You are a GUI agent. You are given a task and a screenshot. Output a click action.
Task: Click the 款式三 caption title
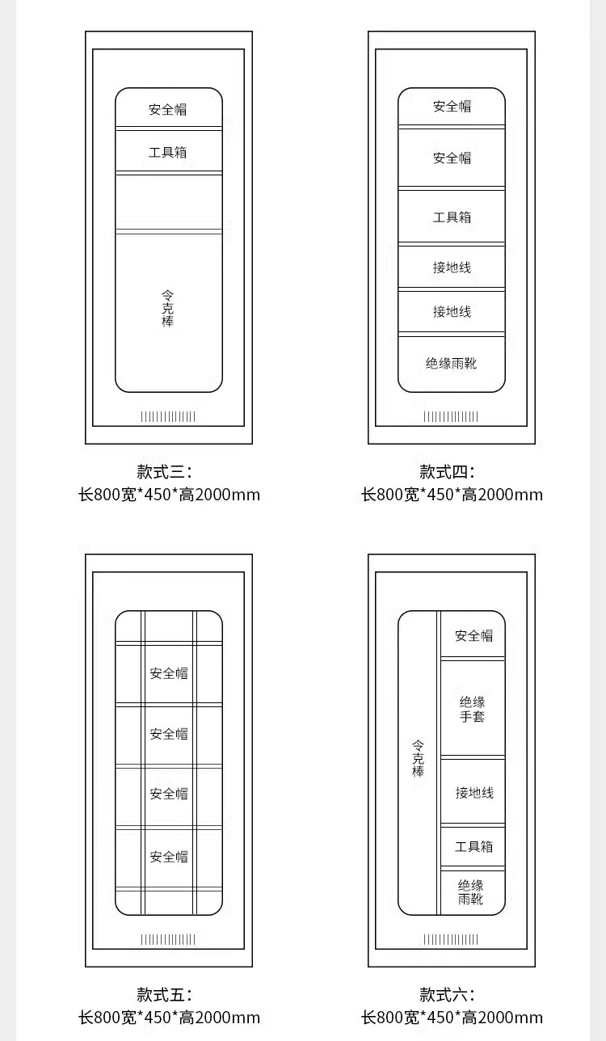pyautogui.click(x=164, y=472)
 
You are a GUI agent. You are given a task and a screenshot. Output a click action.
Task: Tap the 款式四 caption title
pyautogui.click(x=447, y=472)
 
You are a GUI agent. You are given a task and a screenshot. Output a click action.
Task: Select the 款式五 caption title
pyautogui.click(x=164, y=995)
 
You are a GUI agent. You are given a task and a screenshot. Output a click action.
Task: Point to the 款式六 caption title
pyautogui.click(x=447, y=995)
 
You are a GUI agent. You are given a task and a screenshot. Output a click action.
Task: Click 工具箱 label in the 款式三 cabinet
pyautogui.click(x=168, y=152)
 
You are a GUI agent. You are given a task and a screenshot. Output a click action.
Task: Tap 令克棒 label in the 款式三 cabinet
pyautogui.click(x=167, y=309)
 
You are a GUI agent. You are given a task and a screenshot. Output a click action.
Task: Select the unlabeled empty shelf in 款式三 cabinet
pyautogui.click(x=168, y=202)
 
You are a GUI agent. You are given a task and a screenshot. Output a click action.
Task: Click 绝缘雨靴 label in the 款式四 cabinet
pyautogui.click(x=452, y=364)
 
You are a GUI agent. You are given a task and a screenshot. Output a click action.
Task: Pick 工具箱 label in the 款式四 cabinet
pyautogui.click(x=452, y=217)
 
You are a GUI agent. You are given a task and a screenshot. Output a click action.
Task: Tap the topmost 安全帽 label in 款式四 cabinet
pyautogui.click(x=452, y=107)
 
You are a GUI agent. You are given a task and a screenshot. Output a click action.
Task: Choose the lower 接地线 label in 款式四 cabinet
pyautogui.click(x=452, y=312)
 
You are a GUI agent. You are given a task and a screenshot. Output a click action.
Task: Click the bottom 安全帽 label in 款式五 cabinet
pyautogui.click(x=168, y=857)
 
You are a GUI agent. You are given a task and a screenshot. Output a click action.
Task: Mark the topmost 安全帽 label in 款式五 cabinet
pyautogui.click(x=168, y=673)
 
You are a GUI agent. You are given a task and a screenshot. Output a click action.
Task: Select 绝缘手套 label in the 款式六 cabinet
pyautogui.click(x=473, y=709)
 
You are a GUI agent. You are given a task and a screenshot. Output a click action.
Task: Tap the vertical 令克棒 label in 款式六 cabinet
pyautogui.click(x=418, y=758)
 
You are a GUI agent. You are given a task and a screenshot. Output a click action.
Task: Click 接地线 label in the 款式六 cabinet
pyautogui.click(x=474, y=793)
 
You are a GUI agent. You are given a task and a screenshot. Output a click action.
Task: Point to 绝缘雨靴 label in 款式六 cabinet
pyautogui.click(x=471, y=891)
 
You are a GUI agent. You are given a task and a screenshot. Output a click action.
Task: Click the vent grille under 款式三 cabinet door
pyautogui.click(x=168, y=416)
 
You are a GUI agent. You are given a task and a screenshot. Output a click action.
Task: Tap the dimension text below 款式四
pyautogui.click(x=452, y=495)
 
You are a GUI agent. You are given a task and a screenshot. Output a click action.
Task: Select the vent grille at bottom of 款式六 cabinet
pyautogui.click(x=451, y=939)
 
